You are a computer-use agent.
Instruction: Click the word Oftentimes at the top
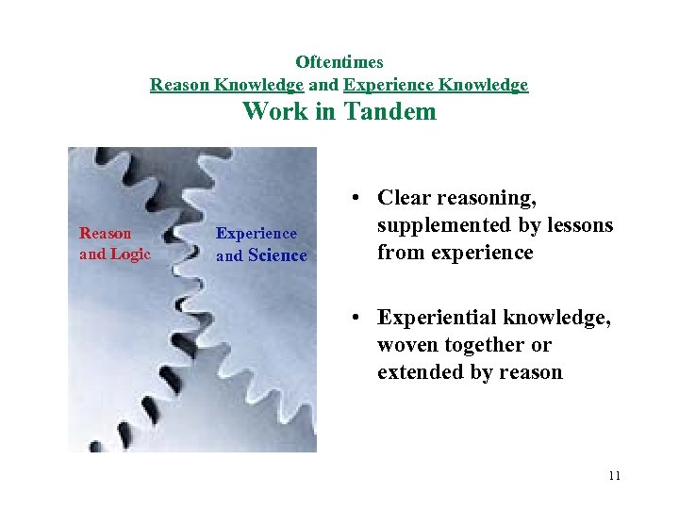(339, 62)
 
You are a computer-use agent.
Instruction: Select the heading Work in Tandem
(339, 111)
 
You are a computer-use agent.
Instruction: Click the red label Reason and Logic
(114, 243)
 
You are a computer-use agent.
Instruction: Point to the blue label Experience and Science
(261, 244)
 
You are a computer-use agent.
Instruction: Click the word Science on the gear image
(277, 255)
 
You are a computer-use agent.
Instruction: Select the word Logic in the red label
(130, 254)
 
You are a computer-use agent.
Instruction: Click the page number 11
(614, 476)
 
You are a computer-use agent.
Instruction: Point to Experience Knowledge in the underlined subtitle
(436, 86)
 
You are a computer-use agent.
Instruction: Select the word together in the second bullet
(480, 346)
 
